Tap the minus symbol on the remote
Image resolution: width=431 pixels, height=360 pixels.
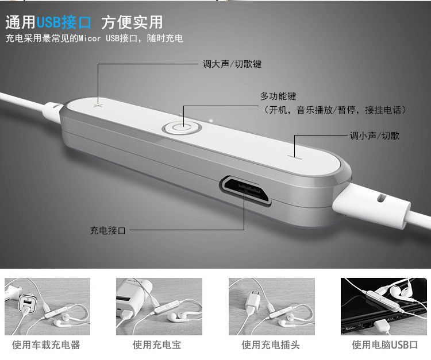[295, 157]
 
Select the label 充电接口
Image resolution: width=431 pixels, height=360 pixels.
[108, 230]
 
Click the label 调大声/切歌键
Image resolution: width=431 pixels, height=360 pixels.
[232, 64]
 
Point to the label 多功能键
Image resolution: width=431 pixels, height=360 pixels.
[278, 96]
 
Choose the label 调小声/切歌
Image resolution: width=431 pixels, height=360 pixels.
[374, 136]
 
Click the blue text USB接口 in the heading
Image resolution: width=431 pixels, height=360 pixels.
[64, 22]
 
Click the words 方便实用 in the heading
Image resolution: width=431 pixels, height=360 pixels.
[132, 22]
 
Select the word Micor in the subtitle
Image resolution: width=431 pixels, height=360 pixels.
[89, 38]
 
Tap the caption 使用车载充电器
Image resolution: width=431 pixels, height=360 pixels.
[46, 345]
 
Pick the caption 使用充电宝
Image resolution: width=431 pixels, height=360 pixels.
[157, 345]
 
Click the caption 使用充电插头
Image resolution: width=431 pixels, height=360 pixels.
[271, 345]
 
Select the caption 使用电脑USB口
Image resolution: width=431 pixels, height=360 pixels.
[385, 345]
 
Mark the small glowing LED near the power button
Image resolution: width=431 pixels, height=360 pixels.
[211, 120]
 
